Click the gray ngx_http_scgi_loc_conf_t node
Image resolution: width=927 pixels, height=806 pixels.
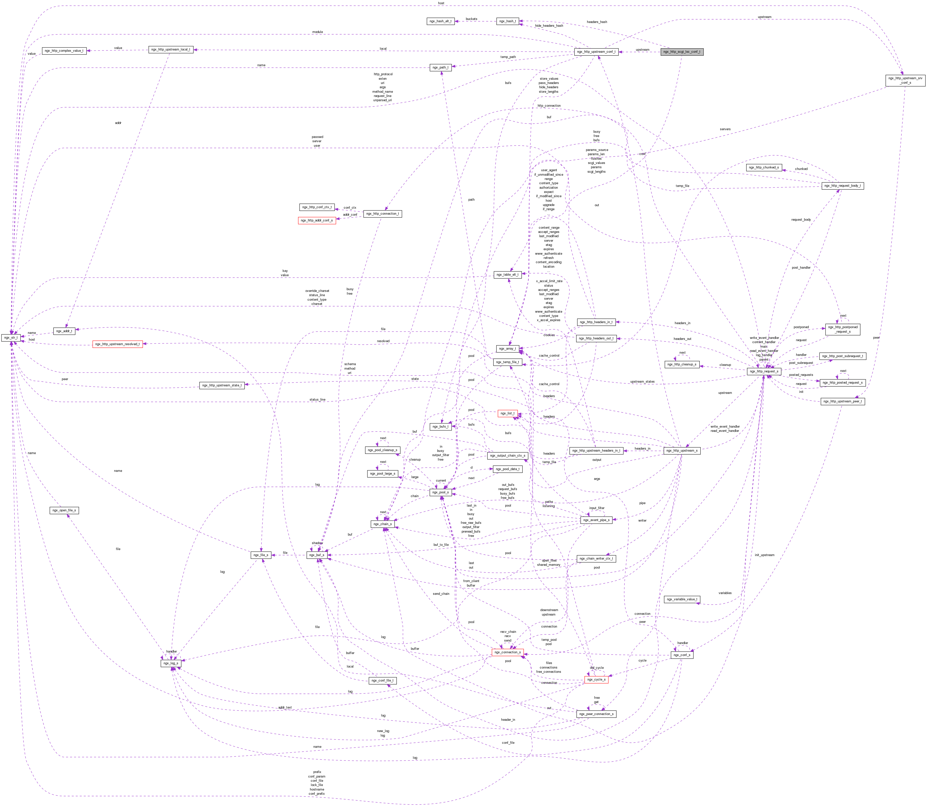tap(681, 52)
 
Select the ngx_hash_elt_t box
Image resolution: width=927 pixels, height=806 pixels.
tap(440, 21)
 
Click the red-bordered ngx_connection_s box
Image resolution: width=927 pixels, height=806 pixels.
tap(507, 652)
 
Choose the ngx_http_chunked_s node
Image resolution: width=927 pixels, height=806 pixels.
tap(764, 167)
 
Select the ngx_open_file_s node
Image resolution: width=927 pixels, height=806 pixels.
tap(64, 510)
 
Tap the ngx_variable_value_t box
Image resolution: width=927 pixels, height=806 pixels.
tap(682, 599)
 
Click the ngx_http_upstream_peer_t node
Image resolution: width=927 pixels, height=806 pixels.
tap(842, 401)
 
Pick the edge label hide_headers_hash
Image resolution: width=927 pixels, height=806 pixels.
tap(549, 26)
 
